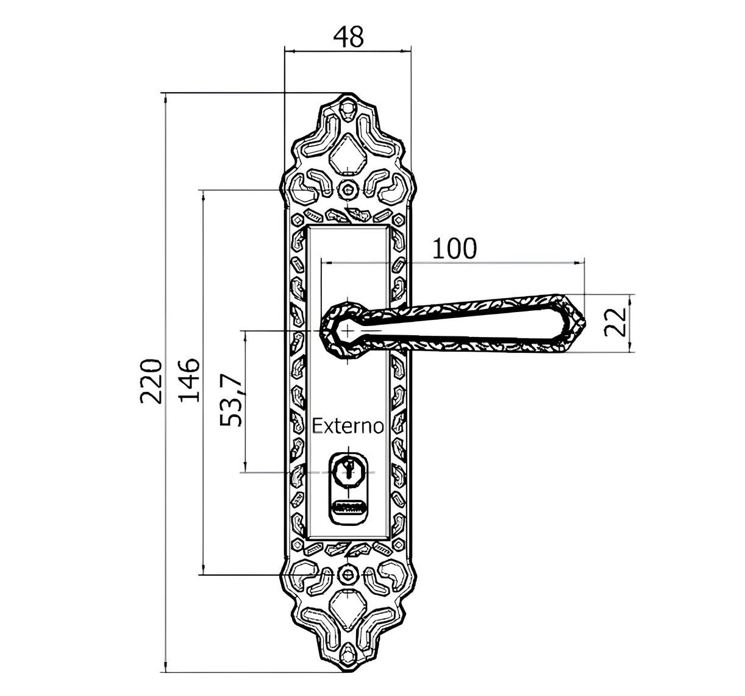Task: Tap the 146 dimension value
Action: tap(189, 380)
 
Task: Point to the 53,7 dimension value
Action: tap(232, 402)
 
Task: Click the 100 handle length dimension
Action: tap(455, 249)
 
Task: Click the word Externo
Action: tap(348, 426)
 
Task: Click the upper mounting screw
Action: tap(348, 190)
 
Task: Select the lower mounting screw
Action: tap(348, 574)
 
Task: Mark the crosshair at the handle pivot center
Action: tap(348, 330)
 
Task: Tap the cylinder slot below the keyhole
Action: tap(348, 506)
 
